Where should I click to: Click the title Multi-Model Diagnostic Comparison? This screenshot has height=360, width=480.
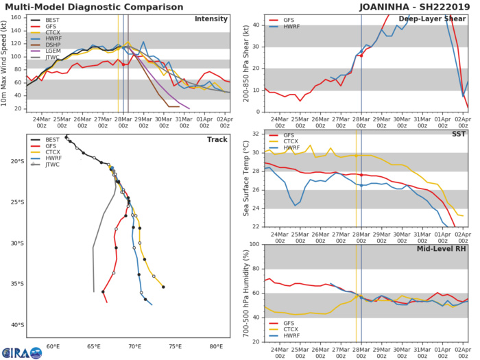88,6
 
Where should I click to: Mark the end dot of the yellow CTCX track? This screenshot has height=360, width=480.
163,287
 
